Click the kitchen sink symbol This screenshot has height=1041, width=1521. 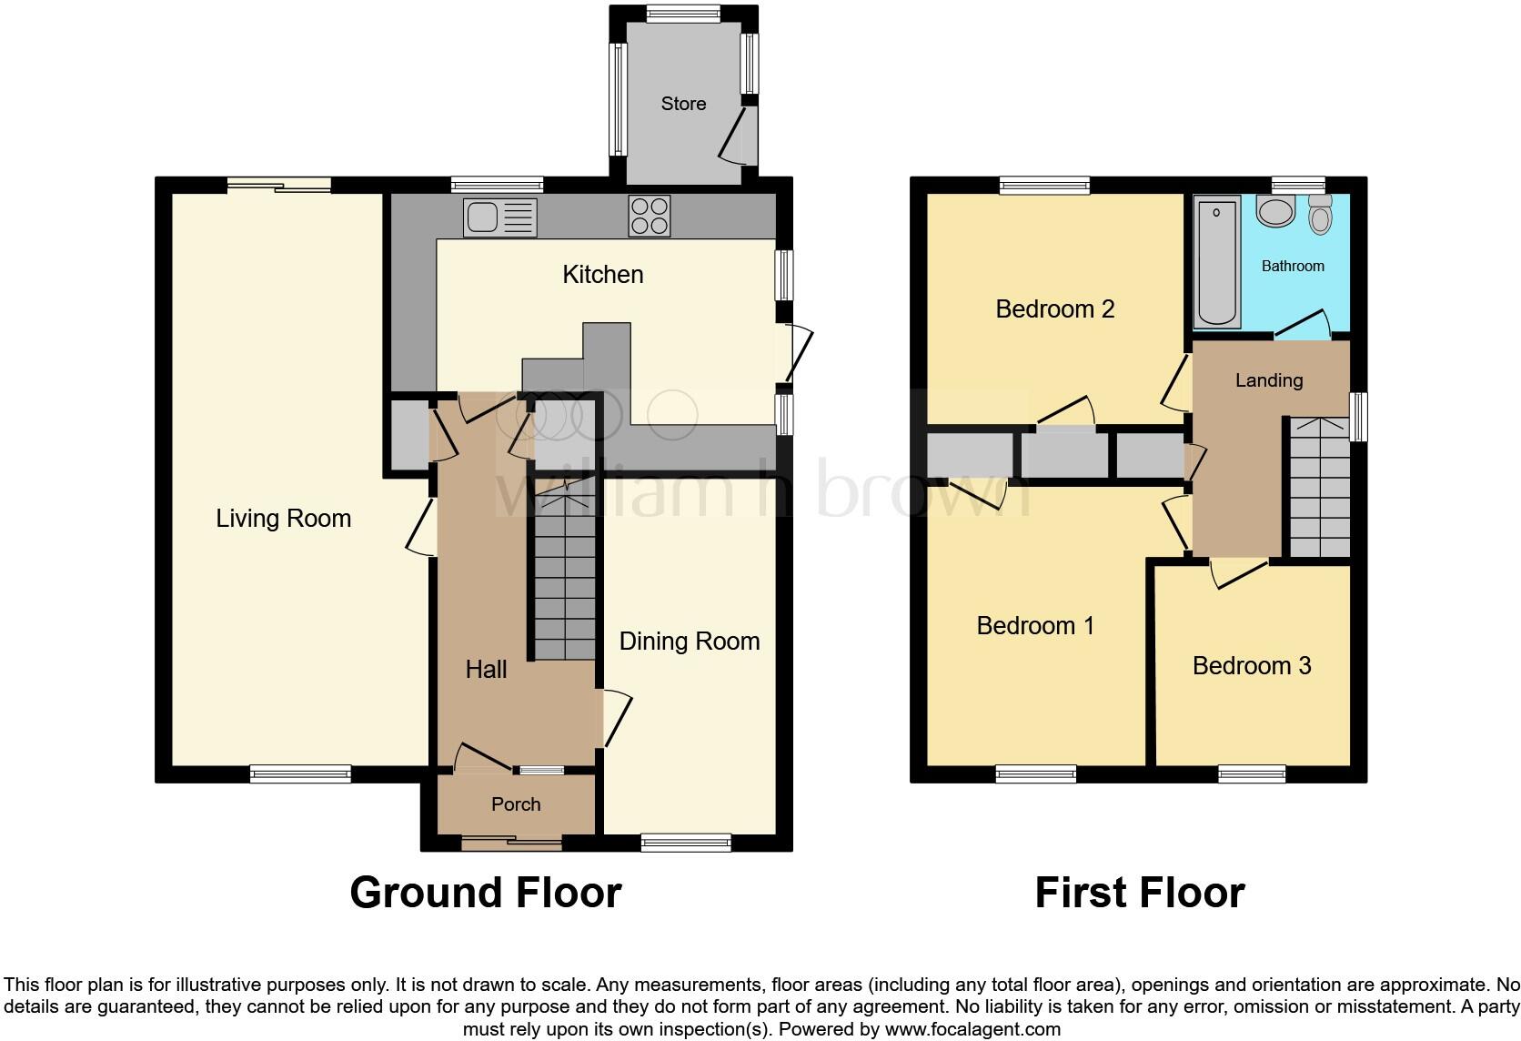point(499,217)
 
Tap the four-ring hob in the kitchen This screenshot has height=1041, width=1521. point(650,217)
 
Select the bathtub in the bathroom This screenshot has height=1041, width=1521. point(1217,264)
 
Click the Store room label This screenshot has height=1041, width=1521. point(683,104)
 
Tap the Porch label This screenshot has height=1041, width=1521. point(516,804)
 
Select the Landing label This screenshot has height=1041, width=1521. point(1268,380)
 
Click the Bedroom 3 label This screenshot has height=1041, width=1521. point(1251,666)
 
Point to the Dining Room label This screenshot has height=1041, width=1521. point(689,642)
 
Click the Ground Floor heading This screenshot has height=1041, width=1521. point(485,893)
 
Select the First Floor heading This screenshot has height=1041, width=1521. point(1139,893)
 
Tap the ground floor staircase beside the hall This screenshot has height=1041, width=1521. point(564,582)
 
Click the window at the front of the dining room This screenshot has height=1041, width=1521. point(686,843)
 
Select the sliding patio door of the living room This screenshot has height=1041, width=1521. point(278,185)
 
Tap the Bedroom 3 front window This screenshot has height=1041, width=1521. point(1252,774)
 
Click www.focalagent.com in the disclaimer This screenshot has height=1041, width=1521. point(972,1030)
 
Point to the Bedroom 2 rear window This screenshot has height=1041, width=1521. point(1044,185)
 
